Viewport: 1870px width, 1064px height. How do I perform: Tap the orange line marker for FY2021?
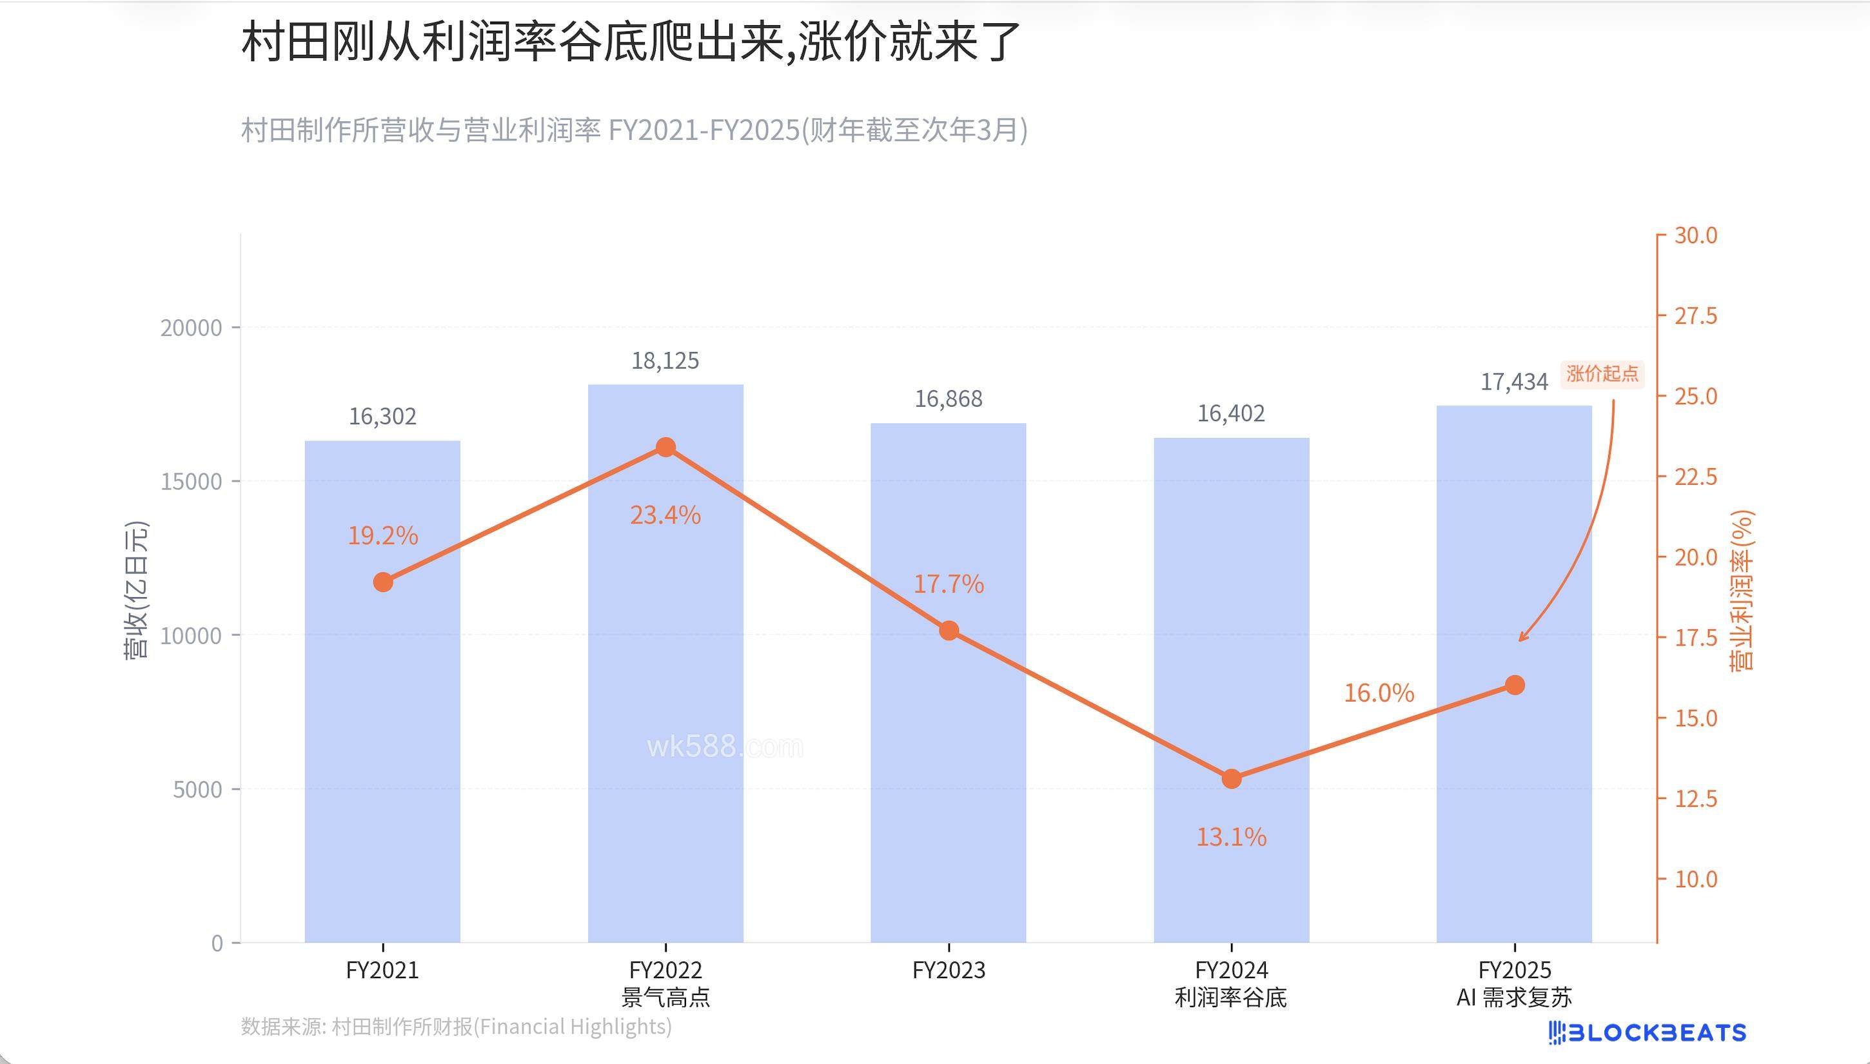pyautogui.click(x=383, y=582)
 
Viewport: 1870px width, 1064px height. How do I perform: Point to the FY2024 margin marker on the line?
pyautogui.click(x=1232, y=779)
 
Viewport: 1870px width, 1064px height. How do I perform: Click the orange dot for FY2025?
pyautogui.click(x=1515, y=685)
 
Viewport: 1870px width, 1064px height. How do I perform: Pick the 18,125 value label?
pyautogui.click(x=665, y=361)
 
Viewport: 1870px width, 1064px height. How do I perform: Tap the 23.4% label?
pyautogui.click(x=665, y=516)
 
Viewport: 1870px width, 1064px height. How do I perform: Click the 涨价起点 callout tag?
pyautogui.click(x=1602, y=374)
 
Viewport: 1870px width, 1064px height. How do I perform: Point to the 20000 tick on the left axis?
pyautogui.click(x=192, y=328)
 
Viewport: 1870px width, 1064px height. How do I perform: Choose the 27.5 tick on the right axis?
pyautogui.click(x=1695, y=317)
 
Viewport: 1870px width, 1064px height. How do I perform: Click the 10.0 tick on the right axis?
pyautogui.click(x=1695, y=879)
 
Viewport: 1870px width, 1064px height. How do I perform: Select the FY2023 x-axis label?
pyautogui.click(x=949, y=970)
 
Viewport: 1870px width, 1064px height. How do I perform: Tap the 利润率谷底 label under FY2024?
pyautogui.click(x=1232, y=998)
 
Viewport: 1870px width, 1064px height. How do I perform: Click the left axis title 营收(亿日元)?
pyautogui.click(x=136, y=589)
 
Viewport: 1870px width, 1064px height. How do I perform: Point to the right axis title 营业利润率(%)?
pyautogui.click(x=1743, y=591)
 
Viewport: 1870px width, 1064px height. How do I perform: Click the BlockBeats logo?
pyautogui.click(x=1647, y=1032)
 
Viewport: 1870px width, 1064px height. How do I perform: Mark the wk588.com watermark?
pyautogui.click(x=724, y=747)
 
